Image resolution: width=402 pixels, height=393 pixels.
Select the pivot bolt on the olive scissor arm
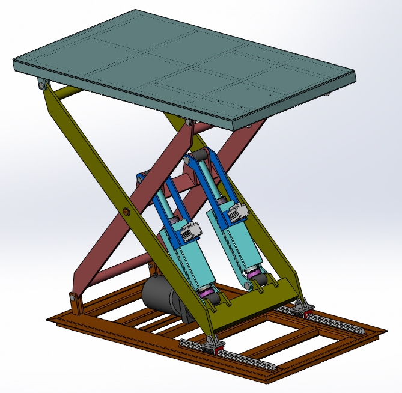pos(126,211)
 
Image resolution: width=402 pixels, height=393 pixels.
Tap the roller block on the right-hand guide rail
pos(301,309)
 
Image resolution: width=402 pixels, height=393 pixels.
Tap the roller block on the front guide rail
pos(212,344)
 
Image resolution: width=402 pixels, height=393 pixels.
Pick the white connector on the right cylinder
pos(238,212)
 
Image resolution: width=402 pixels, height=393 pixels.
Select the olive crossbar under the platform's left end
pos(69,92)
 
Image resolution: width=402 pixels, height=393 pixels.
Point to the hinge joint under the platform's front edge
pos(189,123)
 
